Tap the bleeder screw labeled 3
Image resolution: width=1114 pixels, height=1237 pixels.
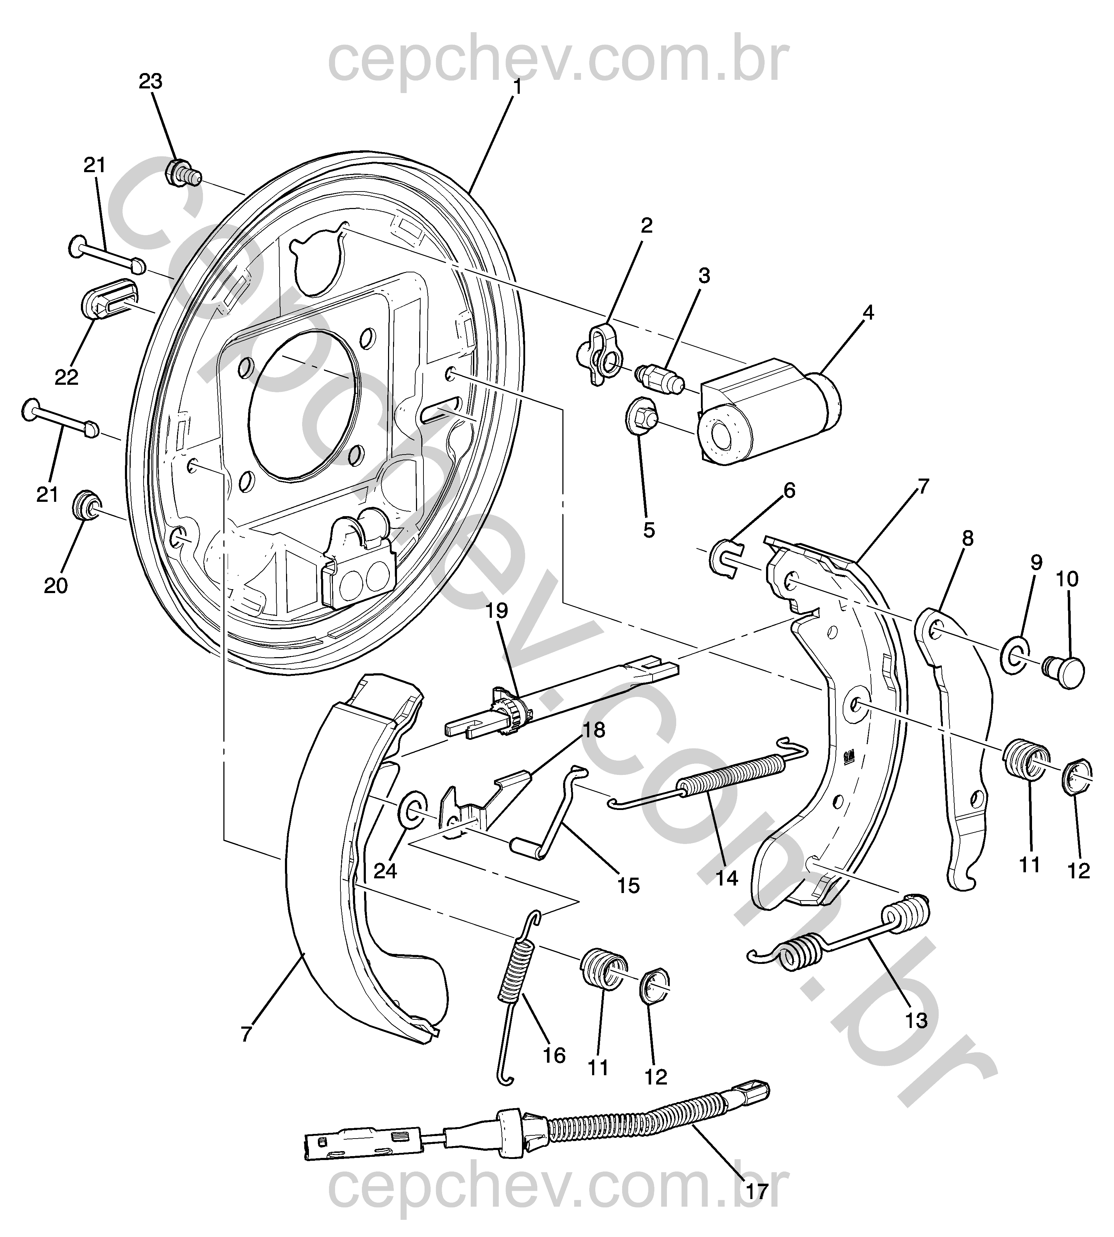coord(659,378)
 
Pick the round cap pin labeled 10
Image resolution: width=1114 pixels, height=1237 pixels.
coord(1064,671)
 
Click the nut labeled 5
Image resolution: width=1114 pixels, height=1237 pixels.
coord(640,417)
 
